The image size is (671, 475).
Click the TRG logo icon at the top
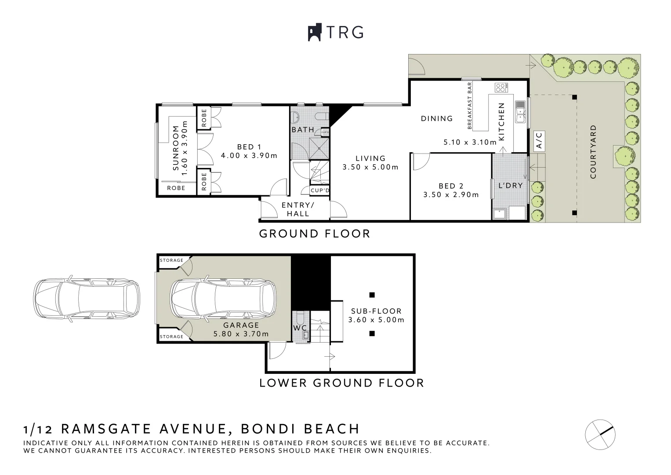[x=315, y=33]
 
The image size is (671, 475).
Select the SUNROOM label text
[x=176, y=148]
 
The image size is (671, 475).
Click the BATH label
[x=303, y=130]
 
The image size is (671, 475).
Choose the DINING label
[x=436, y=118]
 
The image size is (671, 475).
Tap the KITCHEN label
[x=501, y=121]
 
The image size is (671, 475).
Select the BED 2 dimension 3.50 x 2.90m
[x=451, y=194]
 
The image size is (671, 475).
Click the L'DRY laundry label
[x=510, y=186]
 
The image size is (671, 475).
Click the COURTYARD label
[x=593, y=152]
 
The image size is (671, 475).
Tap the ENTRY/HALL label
[x=298, y=209]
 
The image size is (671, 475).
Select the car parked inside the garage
[x=223, y=299]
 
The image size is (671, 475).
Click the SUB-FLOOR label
[x=376, y=311]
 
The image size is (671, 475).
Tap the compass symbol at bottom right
[x=600, y=431]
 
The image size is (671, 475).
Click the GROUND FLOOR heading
[x=315, y=234]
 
